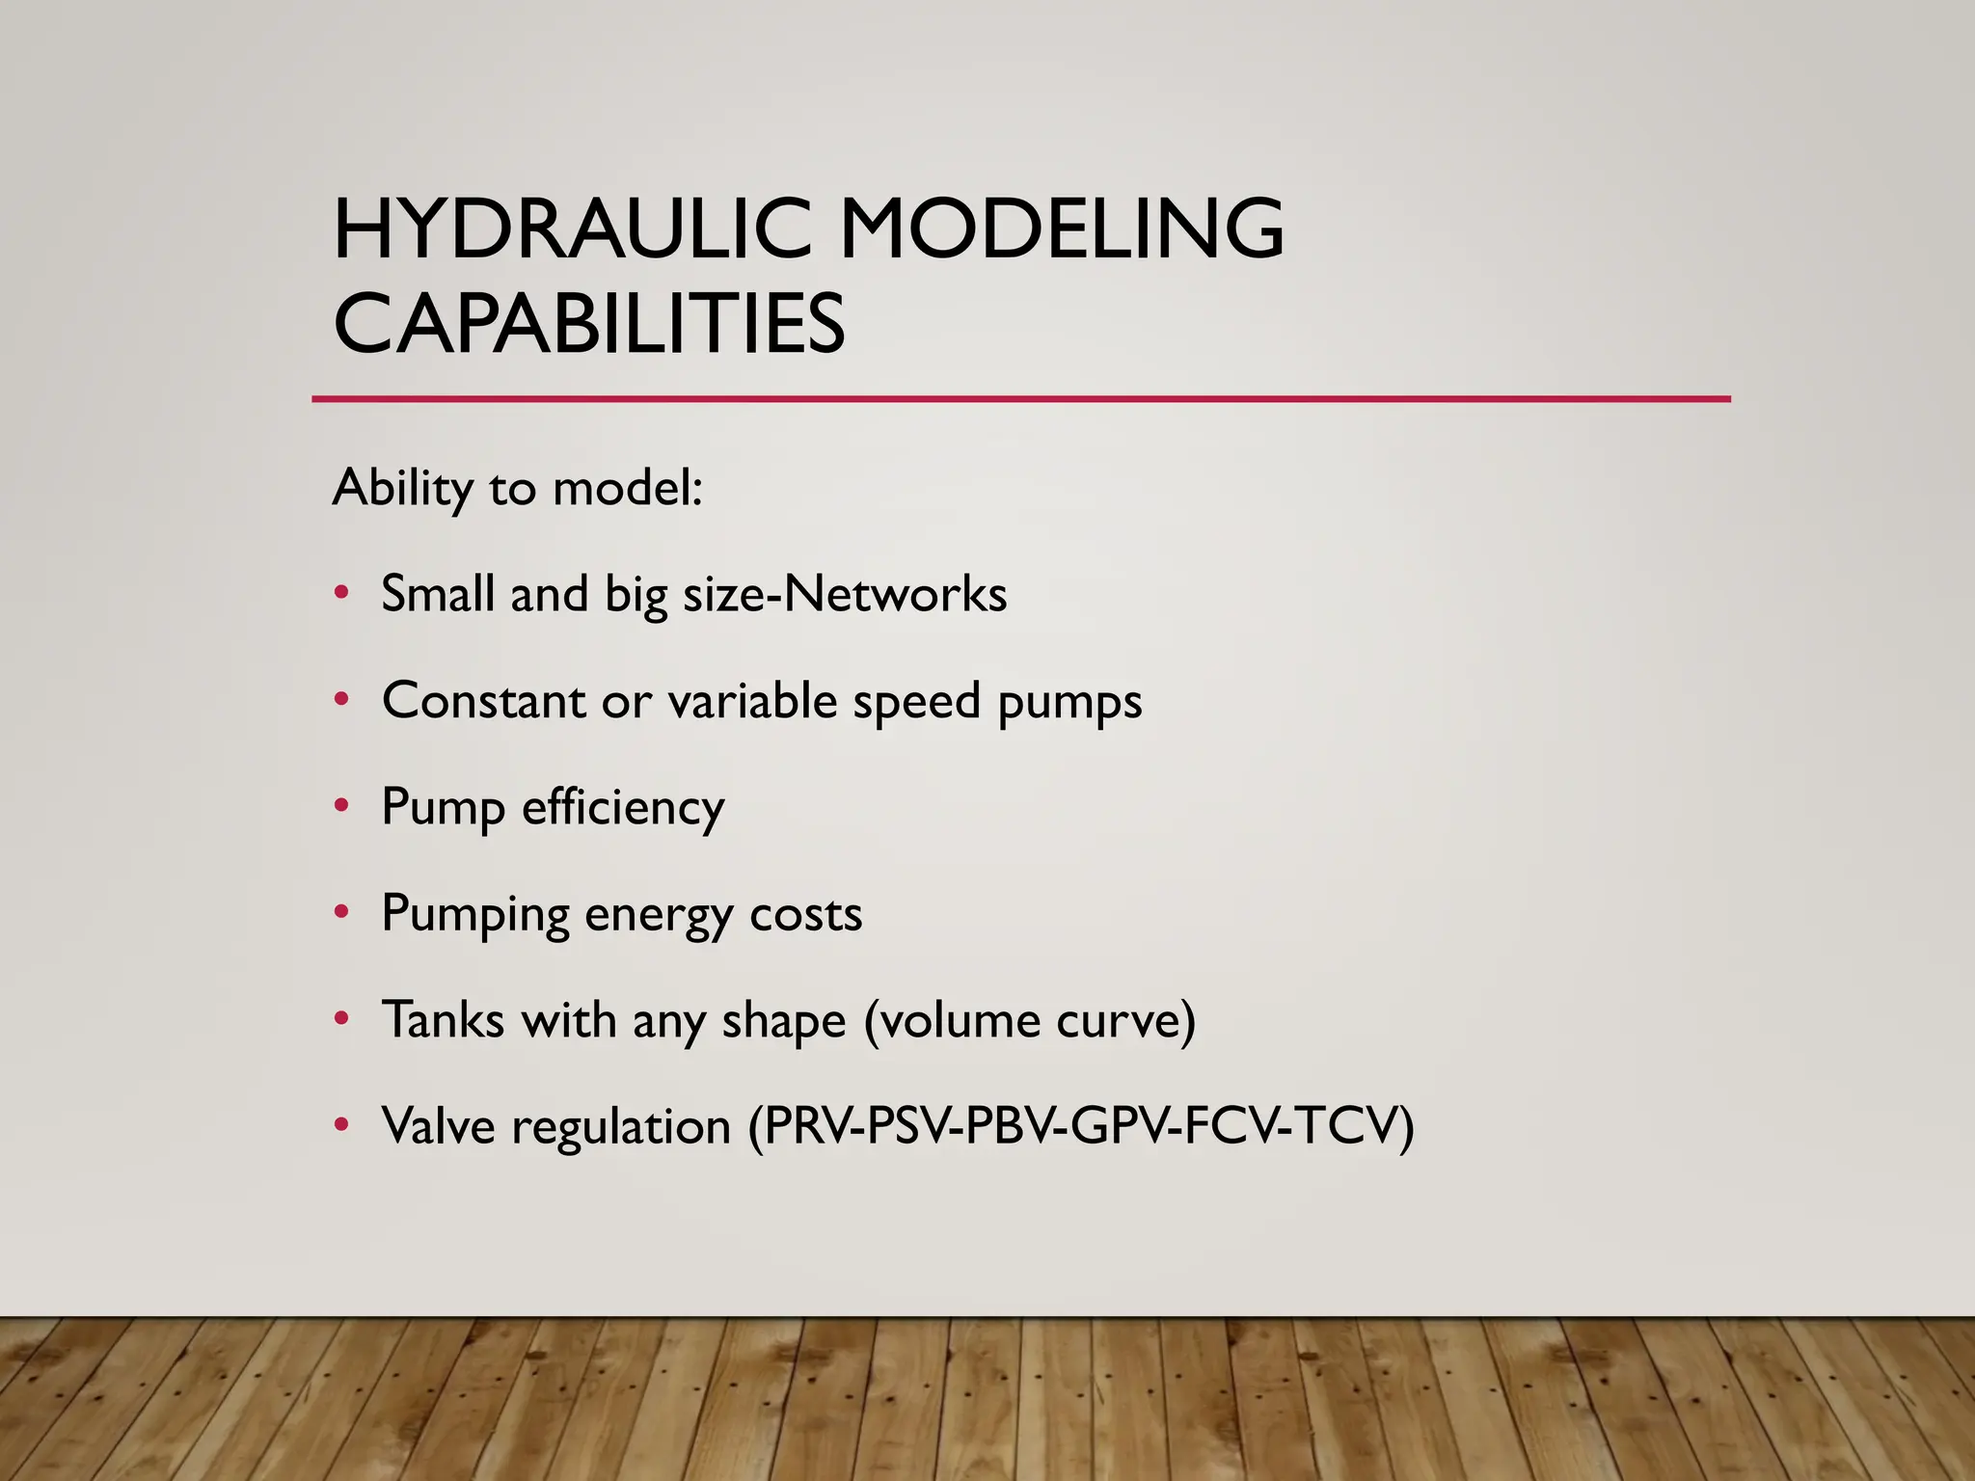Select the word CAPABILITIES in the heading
[x=589, y=324]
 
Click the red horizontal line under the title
[x=1020, y=398]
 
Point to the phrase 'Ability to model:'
[x=518, y=488]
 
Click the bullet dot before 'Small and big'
[x=341, y=593]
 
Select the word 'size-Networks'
[x=845, y=594]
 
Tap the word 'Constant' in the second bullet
[x=483, y=700]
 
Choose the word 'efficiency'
[x=623, y=807]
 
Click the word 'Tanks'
[x=443, y=1020]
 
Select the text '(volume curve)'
[x=1029, y=1021]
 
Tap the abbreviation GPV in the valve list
[x=1118, y=1126]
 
